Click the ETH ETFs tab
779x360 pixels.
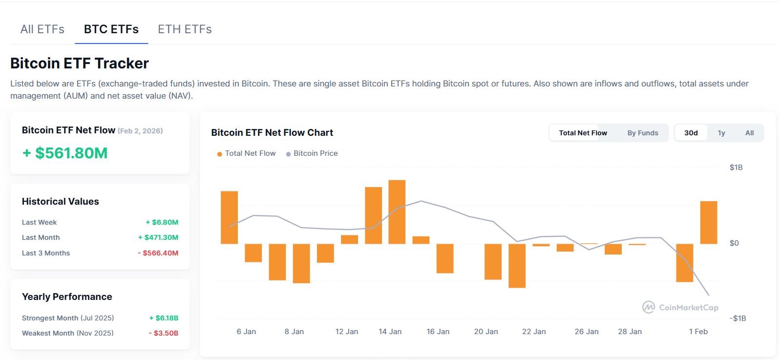click(185, 29)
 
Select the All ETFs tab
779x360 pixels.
click(42, 29)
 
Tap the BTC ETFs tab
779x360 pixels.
click(111, 29)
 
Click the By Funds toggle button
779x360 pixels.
click(643, 133)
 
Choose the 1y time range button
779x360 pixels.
click(721, 133)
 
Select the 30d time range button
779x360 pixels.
click(691, 133)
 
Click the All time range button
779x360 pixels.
click(750, 133)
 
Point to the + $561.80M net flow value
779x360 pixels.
click(65, 153)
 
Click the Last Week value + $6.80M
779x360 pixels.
click(162, 222)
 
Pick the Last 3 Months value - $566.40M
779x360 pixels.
click(158, 253)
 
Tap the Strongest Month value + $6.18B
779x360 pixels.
click(164, 318)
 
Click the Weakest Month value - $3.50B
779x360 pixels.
click(164, 333)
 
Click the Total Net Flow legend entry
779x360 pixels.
click(247, 153)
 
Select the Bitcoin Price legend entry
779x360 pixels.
click(312, 153)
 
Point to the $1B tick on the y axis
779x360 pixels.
click(736, 168)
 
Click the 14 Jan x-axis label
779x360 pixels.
click(390, 332)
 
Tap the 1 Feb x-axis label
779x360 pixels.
click(698, 332)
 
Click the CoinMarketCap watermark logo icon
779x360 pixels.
click(649, 307)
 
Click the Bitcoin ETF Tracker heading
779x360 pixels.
click(80, 64)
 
